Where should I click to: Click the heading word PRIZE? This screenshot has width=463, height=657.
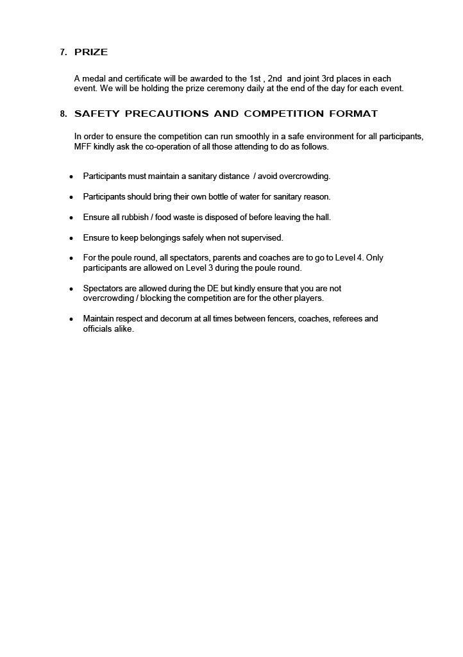[x=91, y=53]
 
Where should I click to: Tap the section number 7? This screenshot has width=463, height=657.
[x=63, y=53]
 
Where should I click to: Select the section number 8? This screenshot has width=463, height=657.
[x=63, y=114]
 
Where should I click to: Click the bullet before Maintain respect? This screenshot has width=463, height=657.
[x=71, y=319]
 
